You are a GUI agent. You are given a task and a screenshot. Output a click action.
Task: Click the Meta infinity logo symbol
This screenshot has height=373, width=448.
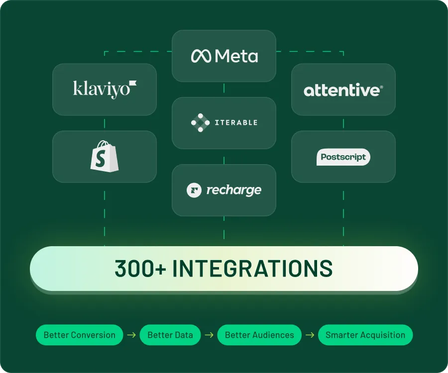(x=201, y=56)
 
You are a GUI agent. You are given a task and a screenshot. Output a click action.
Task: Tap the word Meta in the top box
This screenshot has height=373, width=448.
(x=236, y=56)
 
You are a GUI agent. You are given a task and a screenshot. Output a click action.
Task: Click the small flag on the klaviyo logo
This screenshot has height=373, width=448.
(x=133, y=83)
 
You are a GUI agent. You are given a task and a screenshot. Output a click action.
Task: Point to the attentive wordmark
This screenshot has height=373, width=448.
(x=343, y=90)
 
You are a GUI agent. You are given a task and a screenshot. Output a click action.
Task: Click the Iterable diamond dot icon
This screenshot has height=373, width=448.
(x=200, y=123)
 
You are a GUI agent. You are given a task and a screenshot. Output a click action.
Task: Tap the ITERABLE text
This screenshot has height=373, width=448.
(x=236, y=123)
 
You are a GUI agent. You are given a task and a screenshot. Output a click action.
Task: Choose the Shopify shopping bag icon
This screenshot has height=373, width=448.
(x=105, y=156)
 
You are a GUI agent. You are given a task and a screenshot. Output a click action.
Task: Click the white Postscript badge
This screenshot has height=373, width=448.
(x=343, y=157)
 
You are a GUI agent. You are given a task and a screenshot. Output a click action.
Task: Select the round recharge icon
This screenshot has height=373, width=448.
(x=194, y=190)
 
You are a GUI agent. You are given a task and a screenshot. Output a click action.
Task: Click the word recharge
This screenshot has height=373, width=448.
(x=234, y=190)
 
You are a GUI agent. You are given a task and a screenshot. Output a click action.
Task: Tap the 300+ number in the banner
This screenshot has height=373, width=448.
(x=140, y=268)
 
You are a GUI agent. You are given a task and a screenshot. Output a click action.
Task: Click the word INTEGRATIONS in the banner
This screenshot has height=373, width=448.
(x=252, y=268)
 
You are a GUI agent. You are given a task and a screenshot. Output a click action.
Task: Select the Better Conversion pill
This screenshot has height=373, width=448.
(x=80, y=335)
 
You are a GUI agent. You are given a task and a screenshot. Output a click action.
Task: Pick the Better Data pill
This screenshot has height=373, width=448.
(x=170, y=335)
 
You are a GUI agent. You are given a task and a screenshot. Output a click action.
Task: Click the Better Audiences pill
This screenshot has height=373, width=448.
(x=259, y=335)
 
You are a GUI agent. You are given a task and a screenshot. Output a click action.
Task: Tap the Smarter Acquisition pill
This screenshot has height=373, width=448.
(x=365, y=335)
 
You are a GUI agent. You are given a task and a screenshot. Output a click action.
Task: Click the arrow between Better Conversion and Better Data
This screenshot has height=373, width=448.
(x=131, y=335)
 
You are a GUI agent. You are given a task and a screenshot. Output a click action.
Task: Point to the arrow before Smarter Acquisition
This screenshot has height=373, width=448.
(x=310, y=335)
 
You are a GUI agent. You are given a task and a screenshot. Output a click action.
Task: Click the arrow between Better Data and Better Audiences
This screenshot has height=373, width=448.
(x=209, y=335)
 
